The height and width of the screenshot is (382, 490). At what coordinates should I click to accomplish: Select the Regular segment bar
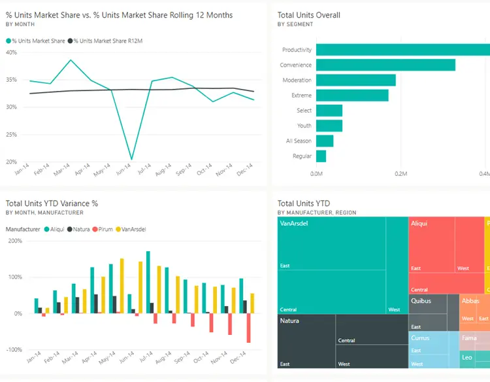click(321, 156)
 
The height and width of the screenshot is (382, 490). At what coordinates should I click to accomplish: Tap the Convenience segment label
click(296, 65)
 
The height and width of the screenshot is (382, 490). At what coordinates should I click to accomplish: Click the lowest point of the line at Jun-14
click(132, 159)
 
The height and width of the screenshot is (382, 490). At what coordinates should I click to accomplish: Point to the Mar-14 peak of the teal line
click(71, 60)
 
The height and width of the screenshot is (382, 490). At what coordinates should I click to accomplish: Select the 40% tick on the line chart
click(11, 52)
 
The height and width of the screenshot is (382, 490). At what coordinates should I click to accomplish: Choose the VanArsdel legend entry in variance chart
click(132, 230)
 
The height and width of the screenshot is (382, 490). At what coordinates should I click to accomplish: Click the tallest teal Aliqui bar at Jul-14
click(148, 282)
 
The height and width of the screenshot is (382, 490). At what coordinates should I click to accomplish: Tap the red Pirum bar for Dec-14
click(248, 328)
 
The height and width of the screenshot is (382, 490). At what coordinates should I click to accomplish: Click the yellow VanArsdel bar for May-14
click(122, 286)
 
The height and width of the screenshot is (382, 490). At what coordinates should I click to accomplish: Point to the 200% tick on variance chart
click(14, 241)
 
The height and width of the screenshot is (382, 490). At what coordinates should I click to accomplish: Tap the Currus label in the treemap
click(420, 338)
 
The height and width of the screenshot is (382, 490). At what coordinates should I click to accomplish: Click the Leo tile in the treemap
click(467, 358)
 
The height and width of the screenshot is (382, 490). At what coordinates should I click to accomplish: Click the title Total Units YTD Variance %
click(52, 203)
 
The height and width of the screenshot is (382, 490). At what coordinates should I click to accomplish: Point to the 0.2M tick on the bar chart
click(401, 174)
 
